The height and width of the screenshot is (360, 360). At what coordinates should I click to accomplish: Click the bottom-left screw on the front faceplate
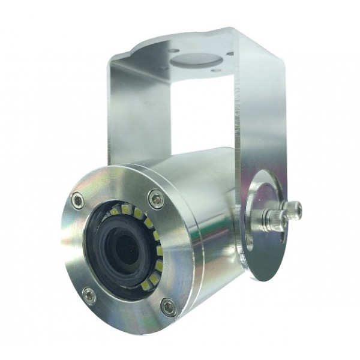point(88,294)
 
